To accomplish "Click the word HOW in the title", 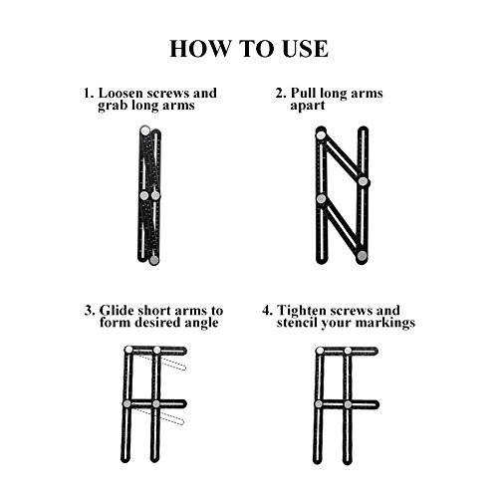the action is [199, 49].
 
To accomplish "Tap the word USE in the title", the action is [305, 49].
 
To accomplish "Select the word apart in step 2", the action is [308, 106].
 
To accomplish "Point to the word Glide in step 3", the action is [117, 311].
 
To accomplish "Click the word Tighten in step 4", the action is [302, 311].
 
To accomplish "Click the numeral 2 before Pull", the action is [280, 94].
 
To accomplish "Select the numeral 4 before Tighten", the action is [267, 311].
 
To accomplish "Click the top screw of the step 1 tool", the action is [145, 130].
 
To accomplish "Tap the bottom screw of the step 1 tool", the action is [153, 260].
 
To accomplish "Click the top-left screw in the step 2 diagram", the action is [321, 135].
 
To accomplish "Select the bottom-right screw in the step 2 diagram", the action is [362, 255].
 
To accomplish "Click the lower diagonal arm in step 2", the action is [342, 227].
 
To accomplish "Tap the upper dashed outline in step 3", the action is [162, 361].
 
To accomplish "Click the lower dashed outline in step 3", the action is [159, 415].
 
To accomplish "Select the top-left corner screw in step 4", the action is [320, 351].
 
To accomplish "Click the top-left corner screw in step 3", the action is [128, 350].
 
